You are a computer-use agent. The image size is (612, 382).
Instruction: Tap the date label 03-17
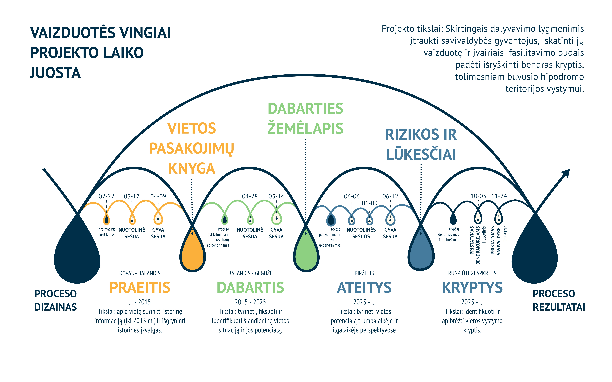[x=132, y=196]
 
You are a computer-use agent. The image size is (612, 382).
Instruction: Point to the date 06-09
[x=369, y=203]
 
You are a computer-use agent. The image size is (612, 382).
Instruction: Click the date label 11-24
[x=499, y=196]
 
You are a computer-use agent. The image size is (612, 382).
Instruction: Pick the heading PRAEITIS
[x=140, y=288]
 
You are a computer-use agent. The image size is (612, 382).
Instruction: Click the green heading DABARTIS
[x=250, y=288]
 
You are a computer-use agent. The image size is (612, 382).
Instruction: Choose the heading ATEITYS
[x=364, y=288]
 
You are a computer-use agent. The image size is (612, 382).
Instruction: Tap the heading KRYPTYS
[x=472, y=288]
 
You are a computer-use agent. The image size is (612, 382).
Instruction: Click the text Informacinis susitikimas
[x=107, y=232]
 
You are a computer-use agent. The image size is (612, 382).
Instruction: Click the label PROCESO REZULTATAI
[x=559, y=300]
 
